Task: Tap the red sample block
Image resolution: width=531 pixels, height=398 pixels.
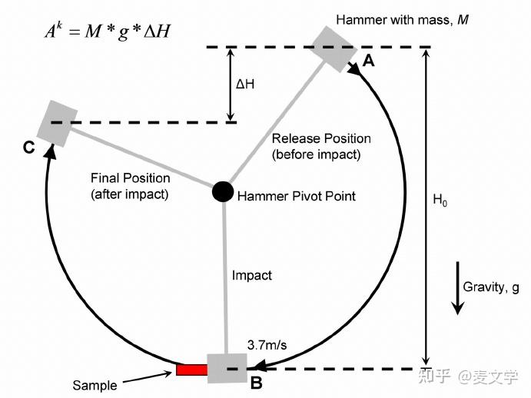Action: pos(191,370)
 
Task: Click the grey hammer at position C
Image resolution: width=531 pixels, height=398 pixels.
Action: pos(61,123)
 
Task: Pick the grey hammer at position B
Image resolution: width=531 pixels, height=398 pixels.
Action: pos(227,367)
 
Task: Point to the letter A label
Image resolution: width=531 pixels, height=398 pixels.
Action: pos(368,62)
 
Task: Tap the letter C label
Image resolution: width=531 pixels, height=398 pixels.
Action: pos(28,148)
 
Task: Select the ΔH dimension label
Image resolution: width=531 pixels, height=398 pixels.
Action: pos(245,83)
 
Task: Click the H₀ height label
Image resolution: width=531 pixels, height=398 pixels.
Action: pos(440,201)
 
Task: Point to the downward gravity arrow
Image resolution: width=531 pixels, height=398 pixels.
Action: pos(457,288)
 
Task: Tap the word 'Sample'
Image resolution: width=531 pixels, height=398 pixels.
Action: pos(95,385)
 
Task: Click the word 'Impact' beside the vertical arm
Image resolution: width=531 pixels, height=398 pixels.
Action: pos(251,274)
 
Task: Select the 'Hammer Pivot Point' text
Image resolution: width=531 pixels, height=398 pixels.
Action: pos(296,196)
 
